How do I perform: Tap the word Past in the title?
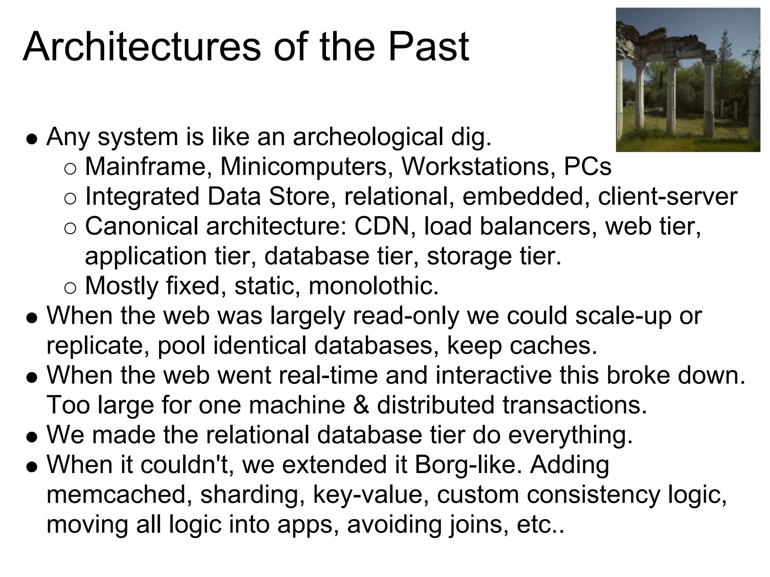point(429,47)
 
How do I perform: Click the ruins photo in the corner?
point(688,80)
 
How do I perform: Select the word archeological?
point(368,137)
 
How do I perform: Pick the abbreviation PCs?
point(587,166)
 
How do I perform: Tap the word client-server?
point(667,196)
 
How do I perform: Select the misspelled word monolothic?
point(373,286)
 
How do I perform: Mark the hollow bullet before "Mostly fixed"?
point(70,288)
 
